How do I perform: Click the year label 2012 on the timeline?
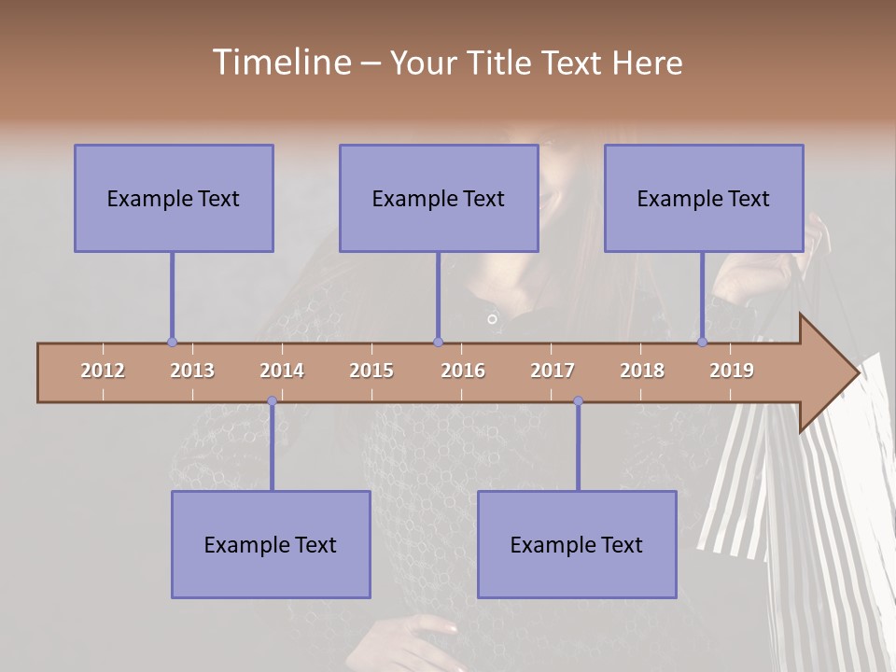pos(103,371)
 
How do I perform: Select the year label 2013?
pos(192,371)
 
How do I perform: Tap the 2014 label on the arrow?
pos(282,371)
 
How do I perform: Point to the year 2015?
pos(371,371)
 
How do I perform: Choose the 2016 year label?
pos(463,371)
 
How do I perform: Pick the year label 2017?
pos(553,371)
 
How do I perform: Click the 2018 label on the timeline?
pos(642,371)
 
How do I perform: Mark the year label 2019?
pos(732,371)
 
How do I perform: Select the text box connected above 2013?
pos(174,198)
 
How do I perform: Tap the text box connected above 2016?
pos(439,198)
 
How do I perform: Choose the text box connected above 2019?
pos(704,198)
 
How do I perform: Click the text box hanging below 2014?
pos(271,544)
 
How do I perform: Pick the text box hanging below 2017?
pos(577,544)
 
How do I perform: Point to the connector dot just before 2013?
pos(172,343)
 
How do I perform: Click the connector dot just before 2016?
pos(438,343)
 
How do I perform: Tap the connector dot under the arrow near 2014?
pos(272,401)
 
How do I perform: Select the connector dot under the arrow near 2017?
pos(578,401)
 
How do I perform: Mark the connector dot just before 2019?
pos(703,343)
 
